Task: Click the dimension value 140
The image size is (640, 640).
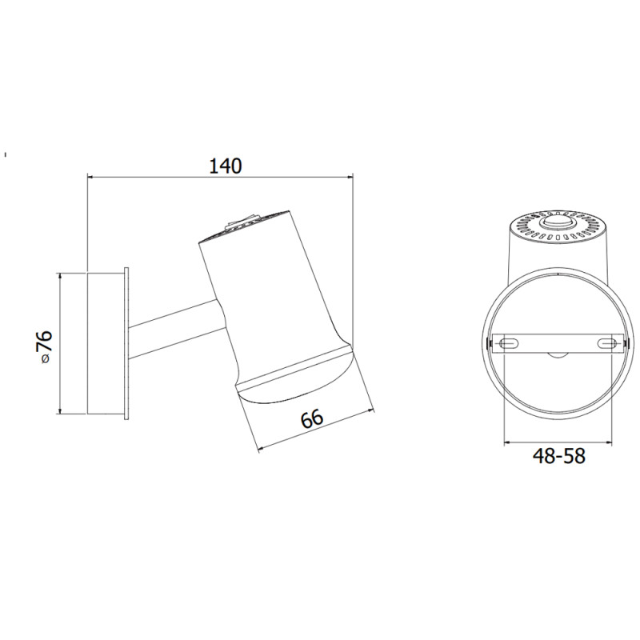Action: click(x=225, y=166)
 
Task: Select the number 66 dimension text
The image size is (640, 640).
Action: click(x=311, y=418)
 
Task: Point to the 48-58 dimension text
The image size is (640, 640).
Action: click(x=559, y=456)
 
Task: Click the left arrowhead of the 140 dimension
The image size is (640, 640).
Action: click(x=90, y=176)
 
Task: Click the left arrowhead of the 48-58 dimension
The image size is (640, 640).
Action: click(x=507, y=441)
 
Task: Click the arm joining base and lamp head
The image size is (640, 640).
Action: click(x=176, y=330)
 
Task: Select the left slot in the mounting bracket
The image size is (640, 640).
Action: click(x=509, y=343)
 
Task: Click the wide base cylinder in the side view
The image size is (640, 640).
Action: click(x=106, y=343)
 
